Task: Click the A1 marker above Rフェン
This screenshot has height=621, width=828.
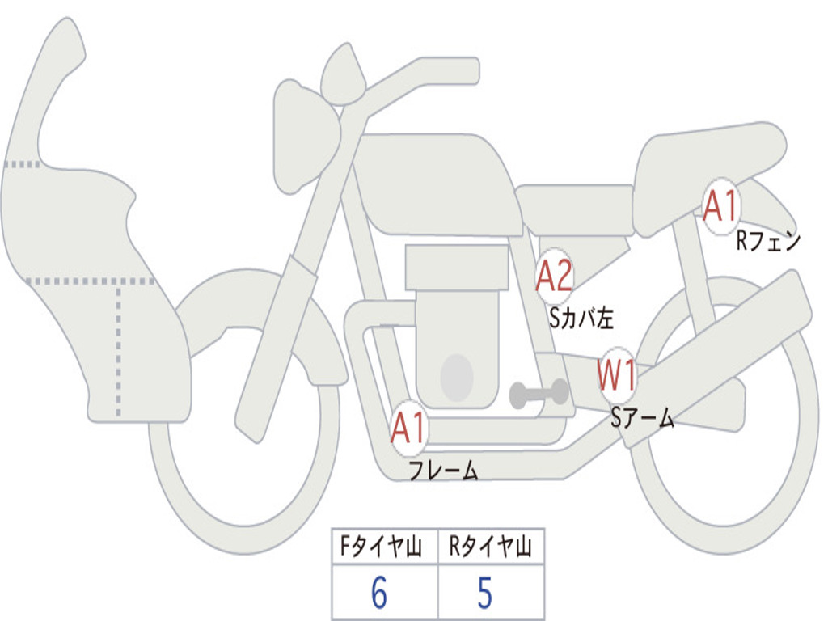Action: point(720,206)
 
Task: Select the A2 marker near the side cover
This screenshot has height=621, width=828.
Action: point(555,277)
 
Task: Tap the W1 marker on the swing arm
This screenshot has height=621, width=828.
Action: point(617,375)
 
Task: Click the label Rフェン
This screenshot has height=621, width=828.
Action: point(767,241)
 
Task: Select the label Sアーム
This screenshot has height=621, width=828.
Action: point(642,418)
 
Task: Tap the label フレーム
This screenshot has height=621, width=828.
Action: point(443,471)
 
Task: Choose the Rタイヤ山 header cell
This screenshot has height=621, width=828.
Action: point(490,547)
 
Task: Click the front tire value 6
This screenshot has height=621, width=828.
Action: point(379,594)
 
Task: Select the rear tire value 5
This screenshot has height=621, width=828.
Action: point(484,594)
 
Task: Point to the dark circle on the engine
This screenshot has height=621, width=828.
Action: point(456,377)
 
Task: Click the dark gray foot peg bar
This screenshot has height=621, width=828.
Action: point(539,393)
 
